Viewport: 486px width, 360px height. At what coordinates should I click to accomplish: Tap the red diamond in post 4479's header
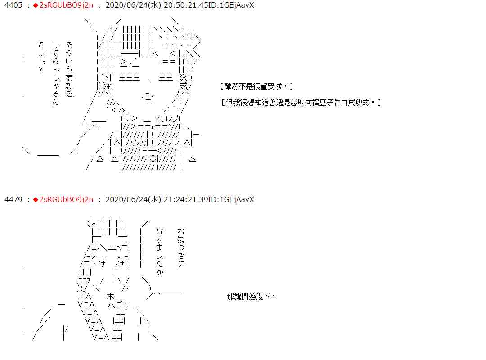pos(36,199)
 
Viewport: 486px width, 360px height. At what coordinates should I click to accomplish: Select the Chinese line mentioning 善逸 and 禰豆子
pos(301,102)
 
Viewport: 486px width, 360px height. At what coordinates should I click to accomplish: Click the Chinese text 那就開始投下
pos(251,297)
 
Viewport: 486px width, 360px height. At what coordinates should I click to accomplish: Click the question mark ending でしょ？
pos(41,70)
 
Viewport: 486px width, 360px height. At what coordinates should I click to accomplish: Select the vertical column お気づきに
pos(181,247)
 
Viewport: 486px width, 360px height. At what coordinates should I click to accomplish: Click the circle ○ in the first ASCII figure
pos(153,158)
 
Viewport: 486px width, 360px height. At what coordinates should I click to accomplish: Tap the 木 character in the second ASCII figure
pos(111,297)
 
